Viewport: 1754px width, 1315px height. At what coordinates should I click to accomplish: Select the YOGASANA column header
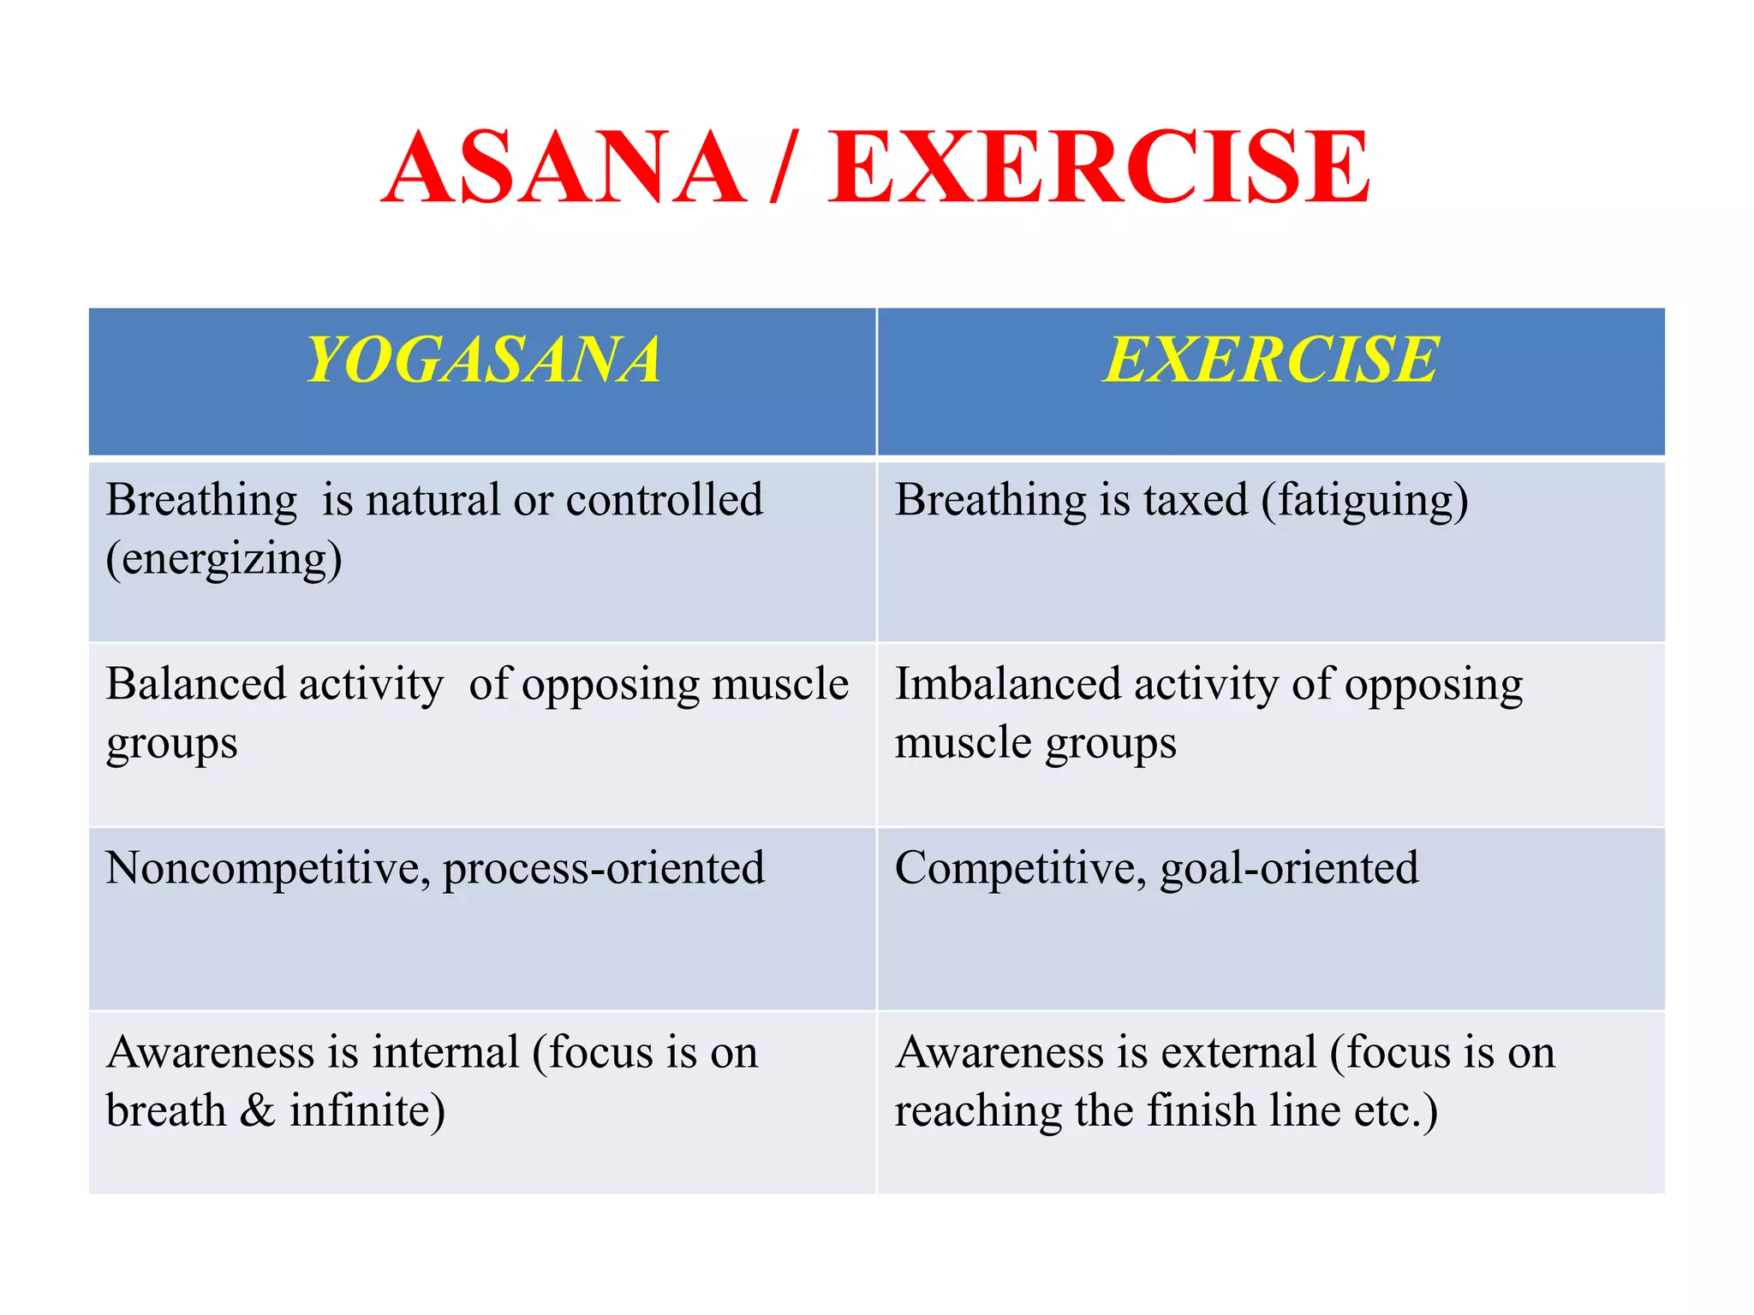[x=483, y=360]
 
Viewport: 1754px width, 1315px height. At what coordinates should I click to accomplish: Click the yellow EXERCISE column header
[x=1271, y=360]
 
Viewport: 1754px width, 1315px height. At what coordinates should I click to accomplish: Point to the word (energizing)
[x=224, y=560]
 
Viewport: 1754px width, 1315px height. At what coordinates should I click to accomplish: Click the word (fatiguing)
[x=1364, y=501]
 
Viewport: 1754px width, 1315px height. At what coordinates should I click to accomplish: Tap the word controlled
[x=664, y=500]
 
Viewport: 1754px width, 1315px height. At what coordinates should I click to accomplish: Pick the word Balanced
[x=196, y=685]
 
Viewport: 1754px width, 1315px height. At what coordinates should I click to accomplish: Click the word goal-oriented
[x=1289, y=869]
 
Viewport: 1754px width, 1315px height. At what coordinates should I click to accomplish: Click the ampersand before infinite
[x=257, y=1111]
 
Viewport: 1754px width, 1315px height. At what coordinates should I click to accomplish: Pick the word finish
[x=1202, y=1111]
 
